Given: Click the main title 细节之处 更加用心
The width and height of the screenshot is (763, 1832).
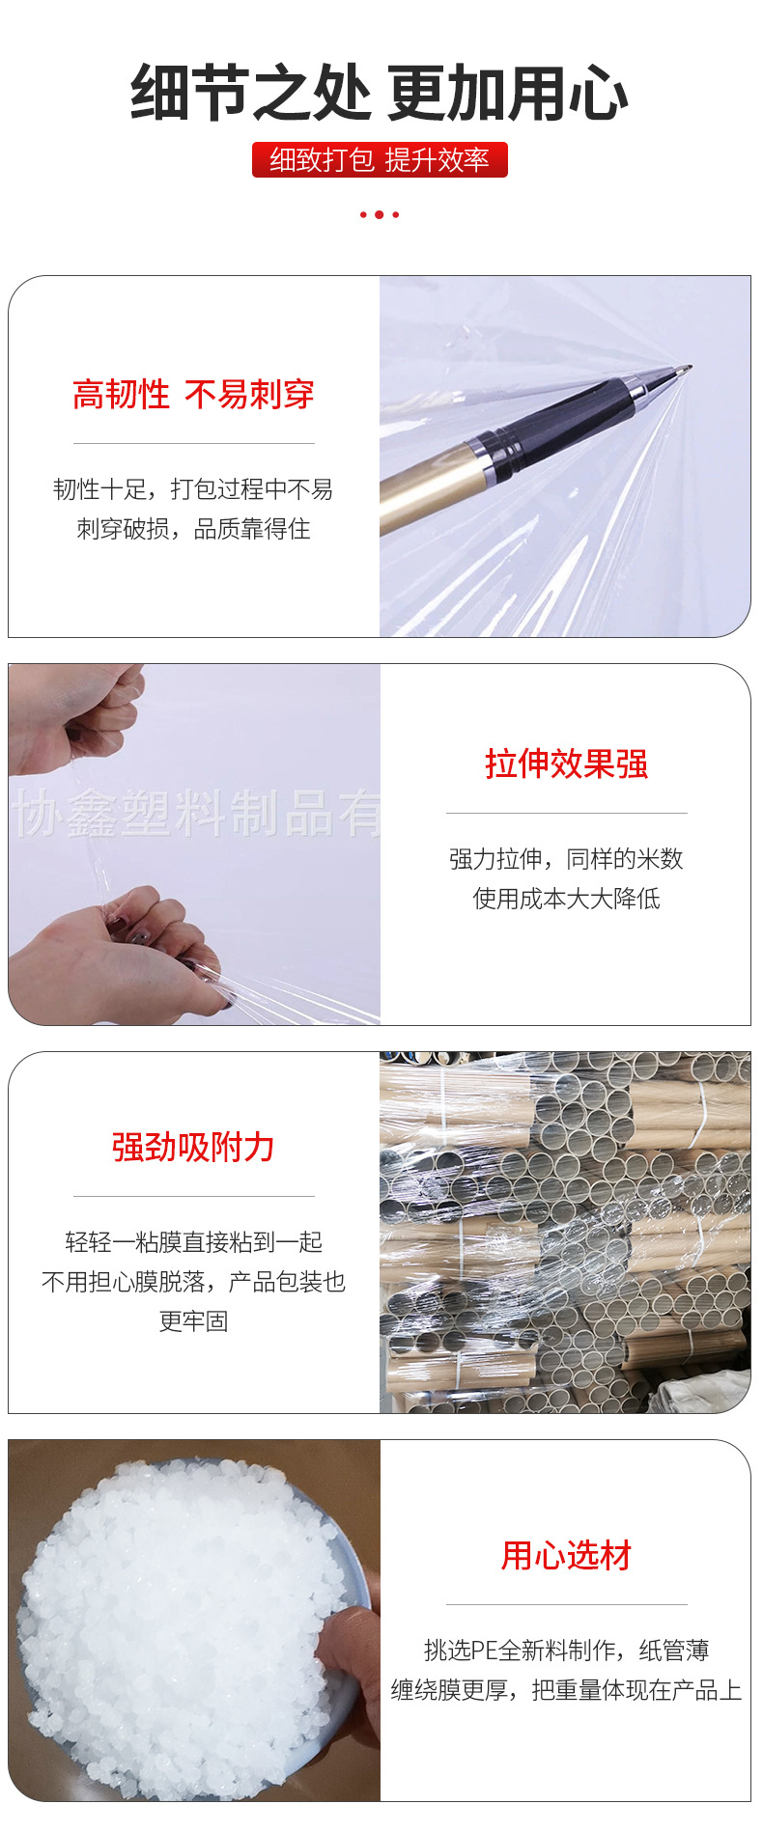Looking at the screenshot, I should coord(380,94).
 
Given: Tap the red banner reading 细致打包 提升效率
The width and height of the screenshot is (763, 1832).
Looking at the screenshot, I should coord(380,160).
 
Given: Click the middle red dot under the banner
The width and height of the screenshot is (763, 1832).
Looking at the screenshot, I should coord(380,214).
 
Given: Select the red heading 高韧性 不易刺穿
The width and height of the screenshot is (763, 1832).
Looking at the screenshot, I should coord(193,395).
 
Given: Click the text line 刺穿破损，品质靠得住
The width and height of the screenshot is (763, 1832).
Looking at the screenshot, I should coord(193,529).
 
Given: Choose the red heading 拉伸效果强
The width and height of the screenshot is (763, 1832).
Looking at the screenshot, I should coord(566,764).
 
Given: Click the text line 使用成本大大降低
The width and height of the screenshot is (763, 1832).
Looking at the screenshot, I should coord(566,899).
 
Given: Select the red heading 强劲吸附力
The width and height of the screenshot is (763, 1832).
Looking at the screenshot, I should coord(193,1148).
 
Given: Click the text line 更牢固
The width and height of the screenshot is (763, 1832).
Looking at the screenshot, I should coord(193,1321).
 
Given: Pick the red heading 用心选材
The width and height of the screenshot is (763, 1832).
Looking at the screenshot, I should coord(566,1556).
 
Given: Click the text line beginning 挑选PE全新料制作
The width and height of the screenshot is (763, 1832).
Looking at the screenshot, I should coord(566,1651).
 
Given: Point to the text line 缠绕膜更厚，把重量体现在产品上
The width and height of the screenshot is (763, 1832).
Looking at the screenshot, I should coord(566,1690).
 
